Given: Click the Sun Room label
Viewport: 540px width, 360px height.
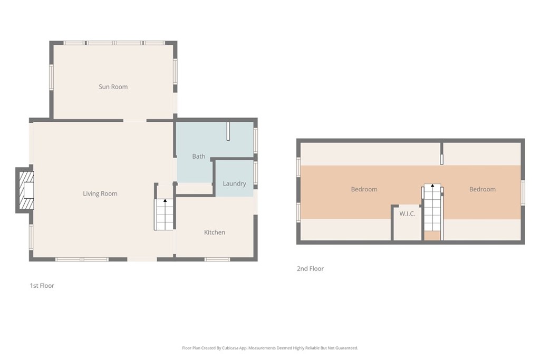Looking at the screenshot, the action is (113, 87).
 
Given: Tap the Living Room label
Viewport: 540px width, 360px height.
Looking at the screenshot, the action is (100, 193).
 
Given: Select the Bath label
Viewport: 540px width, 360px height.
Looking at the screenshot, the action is (199, 156).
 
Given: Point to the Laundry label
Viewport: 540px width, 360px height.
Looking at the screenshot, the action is (234, 183).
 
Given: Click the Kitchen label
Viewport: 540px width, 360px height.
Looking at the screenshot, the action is (215, 232).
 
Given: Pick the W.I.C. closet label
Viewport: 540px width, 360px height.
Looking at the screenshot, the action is (407, 213).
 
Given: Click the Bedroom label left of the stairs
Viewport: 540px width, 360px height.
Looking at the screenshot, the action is (364, 189).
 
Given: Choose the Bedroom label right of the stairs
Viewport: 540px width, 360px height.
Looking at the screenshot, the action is (482, 189).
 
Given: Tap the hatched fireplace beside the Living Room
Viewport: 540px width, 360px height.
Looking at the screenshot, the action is (27, 190).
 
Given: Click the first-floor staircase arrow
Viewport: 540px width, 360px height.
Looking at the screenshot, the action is (165, 200).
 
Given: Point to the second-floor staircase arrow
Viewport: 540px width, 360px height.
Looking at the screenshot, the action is (432, 186).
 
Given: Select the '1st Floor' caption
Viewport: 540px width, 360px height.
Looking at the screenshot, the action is (42, 286).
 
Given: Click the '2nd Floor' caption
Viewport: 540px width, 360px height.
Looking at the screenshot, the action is (310, 269).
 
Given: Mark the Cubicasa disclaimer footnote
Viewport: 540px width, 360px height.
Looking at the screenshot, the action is (270, 348).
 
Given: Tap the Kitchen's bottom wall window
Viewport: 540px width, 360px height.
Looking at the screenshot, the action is (217, 259).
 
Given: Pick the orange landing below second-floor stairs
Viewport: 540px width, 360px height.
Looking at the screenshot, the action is (432, 236).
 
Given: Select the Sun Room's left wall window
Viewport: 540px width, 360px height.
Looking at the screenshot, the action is (51, 77).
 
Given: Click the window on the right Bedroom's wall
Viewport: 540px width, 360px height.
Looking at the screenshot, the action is (523, 193).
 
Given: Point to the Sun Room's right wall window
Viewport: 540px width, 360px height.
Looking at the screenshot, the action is (175, 72).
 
